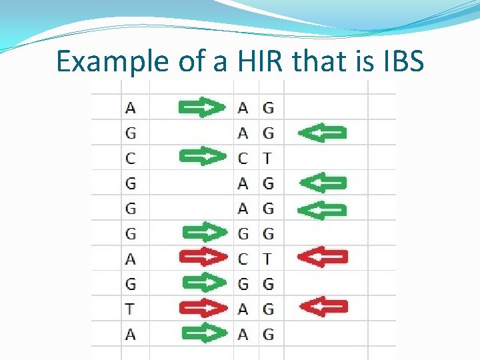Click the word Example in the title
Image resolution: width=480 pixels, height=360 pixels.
click(x=113, y=61)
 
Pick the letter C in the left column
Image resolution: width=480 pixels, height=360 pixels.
click(x=130, y=158)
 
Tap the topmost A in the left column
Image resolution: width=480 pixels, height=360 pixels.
click(x=130, y=107)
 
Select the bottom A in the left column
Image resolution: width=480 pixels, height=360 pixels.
click(x=130, y=333)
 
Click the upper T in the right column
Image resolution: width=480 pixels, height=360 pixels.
click(x=268, y=158)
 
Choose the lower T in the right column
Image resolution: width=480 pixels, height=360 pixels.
click(x=268, y=258)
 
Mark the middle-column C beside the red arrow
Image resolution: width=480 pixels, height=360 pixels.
click(x=243, y=258)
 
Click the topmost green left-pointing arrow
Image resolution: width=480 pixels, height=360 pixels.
click(x=322, y=133)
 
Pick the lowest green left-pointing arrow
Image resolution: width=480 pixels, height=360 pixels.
click(x=322, y=209)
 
